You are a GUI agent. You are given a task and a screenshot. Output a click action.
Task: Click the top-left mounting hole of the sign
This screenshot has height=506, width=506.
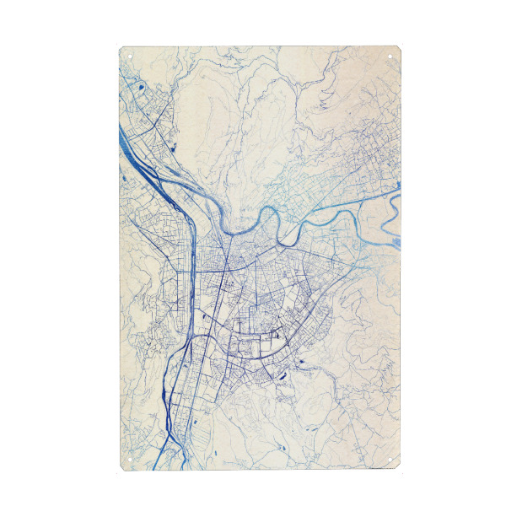click(x=132, y=57)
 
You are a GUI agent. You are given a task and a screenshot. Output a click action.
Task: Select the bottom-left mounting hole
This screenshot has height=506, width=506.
click(x=132, y=460)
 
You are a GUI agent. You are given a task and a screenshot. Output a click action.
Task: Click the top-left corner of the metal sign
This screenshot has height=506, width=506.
click(x=121, y=47)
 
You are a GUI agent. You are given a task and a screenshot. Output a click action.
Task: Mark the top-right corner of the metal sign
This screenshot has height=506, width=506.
click(x=401, y=47)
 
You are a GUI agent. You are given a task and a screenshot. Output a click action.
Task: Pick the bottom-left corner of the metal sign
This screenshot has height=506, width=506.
click(x=121, y=470)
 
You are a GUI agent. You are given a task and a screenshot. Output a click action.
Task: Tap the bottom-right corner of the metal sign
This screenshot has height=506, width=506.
click(x=401, y=470)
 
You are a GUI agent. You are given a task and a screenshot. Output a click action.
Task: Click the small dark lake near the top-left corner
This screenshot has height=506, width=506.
click(x=140, y=87)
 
